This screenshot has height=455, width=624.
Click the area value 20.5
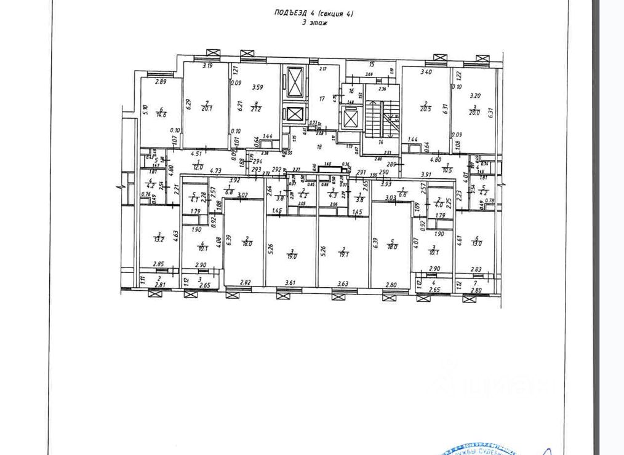click(x=425, y=109)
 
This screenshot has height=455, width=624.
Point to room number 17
click(x=321, y=98)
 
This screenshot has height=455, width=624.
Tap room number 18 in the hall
click(x=319, y=147)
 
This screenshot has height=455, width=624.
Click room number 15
click(x=372, y=64)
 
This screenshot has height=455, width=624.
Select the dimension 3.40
click(x=425, y=72)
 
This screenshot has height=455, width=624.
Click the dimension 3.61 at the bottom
click(x=291, y=283)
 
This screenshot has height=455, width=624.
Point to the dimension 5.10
click(x=145, y=111)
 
